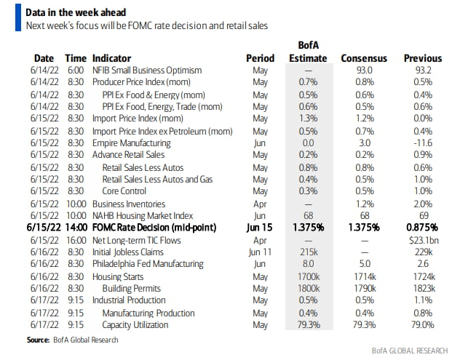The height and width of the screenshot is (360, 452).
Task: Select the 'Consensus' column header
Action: click(x=364, y=57)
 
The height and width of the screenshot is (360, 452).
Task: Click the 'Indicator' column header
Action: click(x=113, y=57)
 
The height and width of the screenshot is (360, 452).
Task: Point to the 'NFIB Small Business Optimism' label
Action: click(x=147, y=70)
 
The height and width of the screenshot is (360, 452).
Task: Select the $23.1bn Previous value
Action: click(x=424, y=240)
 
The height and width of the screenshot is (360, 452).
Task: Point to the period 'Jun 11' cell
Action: click(x=260, y=252)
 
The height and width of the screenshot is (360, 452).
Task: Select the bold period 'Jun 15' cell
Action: click(x=260, y=228)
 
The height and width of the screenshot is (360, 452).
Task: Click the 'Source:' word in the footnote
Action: click(x=39, y=340)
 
